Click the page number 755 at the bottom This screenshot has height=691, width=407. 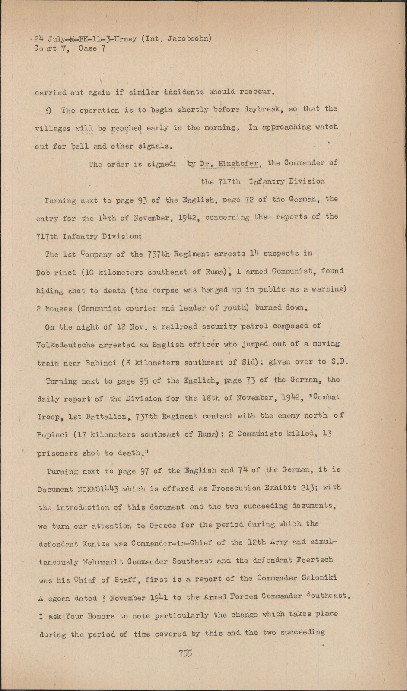185,653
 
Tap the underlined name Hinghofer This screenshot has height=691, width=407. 238,163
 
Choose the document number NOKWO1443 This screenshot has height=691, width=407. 98,489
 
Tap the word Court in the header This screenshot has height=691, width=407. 45,49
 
